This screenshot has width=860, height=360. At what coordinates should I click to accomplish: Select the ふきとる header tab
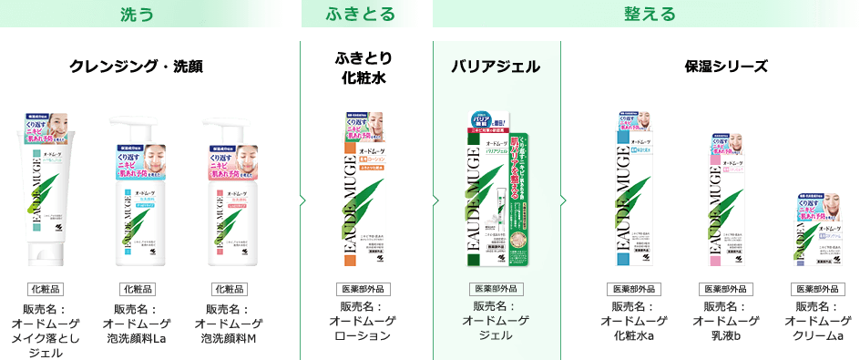tap(362, 14)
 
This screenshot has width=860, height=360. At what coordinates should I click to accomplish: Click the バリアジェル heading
tap(497, 67)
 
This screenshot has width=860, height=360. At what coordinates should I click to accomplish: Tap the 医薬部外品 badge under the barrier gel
tap(497, 290)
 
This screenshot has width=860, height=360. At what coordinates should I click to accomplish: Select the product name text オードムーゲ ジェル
tap(497, 321)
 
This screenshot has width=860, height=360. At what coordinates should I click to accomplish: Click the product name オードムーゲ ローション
tap(362, 321)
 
